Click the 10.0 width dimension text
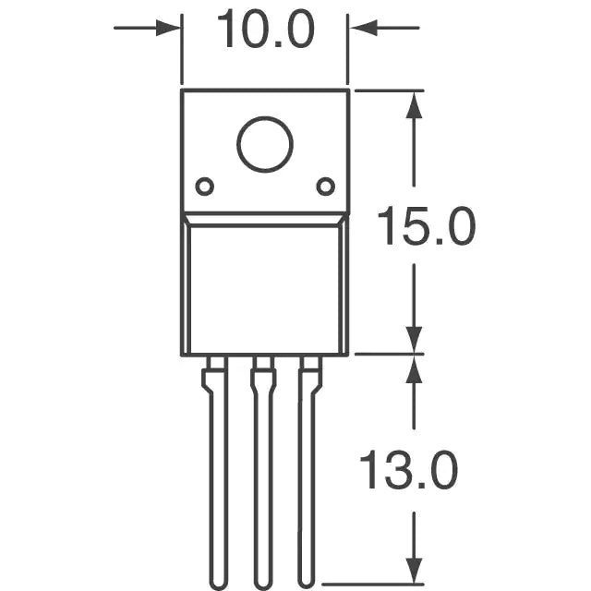click(266, 29)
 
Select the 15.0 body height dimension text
click(427, 225)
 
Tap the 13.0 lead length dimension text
click(409, 470)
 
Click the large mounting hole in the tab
click(265, 144)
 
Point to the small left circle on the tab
click(205, 187)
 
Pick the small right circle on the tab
click(326, 187)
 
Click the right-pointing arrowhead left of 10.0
click(168, 28)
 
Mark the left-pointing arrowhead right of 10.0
click(363, 28)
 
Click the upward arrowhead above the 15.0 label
click(414, 105)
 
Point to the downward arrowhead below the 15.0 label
click(414, 341)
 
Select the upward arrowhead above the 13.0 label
click(414, 369)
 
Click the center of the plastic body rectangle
click(265, 289)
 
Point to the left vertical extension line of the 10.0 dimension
click(182, 49)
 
